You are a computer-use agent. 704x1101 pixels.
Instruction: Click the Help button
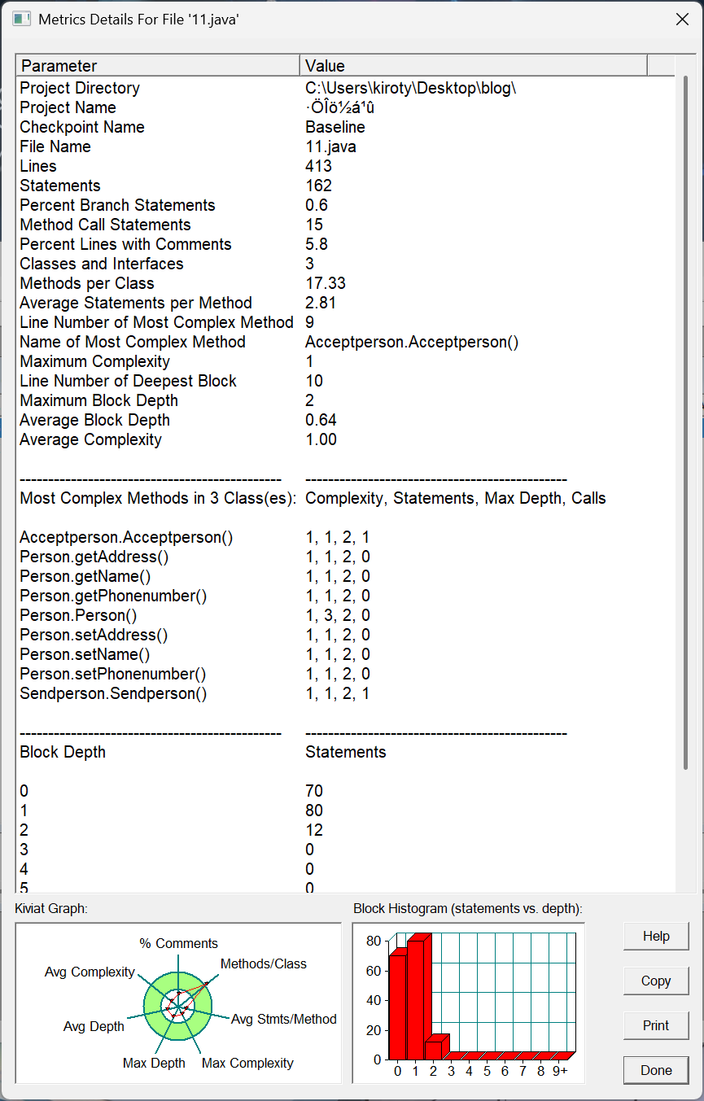coord(656,936)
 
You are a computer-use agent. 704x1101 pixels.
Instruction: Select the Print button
coord(656,1025)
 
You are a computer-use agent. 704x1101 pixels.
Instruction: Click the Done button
coord(656,1070)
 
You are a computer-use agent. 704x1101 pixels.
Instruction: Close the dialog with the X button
coord(682,20)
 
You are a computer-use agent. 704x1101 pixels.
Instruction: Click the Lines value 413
coord(318,166)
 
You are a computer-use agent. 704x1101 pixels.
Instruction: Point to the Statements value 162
coord(318,186)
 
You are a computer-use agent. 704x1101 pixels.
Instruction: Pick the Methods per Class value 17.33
coord(325,283)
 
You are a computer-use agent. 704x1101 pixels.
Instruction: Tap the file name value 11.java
coord(330,146)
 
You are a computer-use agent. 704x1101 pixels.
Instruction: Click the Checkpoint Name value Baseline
coord(335,127)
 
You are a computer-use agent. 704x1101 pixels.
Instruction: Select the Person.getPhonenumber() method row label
coord(113,596)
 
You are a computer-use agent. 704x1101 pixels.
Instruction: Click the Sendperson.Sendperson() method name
coord(113,693)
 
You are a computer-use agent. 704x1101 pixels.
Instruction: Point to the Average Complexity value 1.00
coord(321,439)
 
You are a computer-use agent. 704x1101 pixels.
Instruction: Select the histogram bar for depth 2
coord(434,1046)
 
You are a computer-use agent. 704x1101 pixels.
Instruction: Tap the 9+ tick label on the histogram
coord(559,1071)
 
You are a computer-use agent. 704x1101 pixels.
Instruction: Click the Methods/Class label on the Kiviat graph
coord(263,963)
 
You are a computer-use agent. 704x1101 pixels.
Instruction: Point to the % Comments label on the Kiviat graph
coord(178,943)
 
